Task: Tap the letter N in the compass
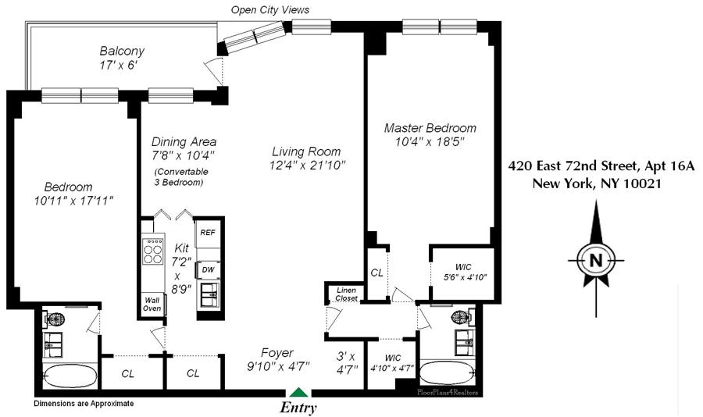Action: [596, 260]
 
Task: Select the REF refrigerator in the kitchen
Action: [208, 233]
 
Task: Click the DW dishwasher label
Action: [208, 270]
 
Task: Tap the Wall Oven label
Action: [152, 305]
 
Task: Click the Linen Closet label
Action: [347, 294]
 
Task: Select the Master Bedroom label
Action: [430, 128]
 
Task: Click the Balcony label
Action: [122, 51]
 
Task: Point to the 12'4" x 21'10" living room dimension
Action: [308, 166]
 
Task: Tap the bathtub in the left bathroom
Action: [70, 374]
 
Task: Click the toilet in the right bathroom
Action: [462, 317]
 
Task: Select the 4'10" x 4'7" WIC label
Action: [393, 363]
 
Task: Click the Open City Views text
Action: [270, 9]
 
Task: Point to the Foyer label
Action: [277, 353]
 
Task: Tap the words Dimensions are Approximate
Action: [84, 403]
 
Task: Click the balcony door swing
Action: [214, 72]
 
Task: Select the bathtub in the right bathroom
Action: [447, 372]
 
